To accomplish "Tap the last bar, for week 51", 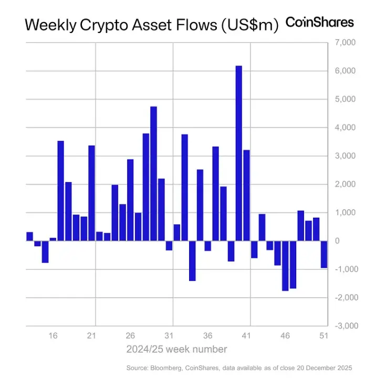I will point(324,254).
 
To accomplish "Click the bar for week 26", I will point(130,200).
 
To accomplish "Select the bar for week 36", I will point(208,246).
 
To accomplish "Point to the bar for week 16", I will point(53,239).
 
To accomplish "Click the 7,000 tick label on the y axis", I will point(345,42).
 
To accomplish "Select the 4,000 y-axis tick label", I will point(345,127).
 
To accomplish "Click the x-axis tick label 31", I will point(169,336).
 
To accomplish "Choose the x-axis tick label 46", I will point(285,336).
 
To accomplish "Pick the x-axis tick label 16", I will point(53,336).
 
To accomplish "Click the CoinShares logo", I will point(319,22).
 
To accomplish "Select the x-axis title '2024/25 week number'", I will point(176,349).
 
